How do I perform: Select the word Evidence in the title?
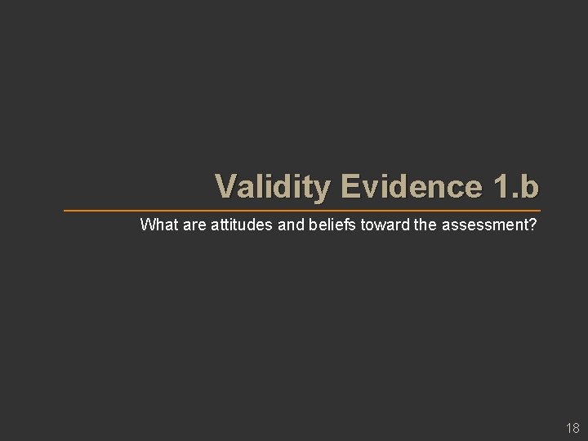pos(407,187)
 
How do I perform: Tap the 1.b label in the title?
pos(516,187)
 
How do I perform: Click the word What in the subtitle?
pos(157,224)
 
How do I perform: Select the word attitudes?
pos(243,224)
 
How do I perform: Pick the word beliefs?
pos(331,224)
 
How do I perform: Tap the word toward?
pos(382,224)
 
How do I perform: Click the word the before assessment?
pos(425,224)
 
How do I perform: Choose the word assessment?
pos(483,224)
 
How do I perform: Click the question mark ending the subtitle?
pos(533,224)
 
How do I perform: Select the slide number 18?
pos(572,427)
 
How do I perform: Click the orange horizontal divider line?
pos(302,210)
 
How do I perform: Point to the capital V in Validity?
pos(225,187)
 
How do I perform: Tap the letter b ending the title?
pos(529,187)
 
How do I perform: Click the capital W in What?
pos(147,224)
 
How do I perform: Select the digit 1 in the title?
pos(500,187)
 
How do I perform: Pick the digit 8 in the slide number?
pos(575,427)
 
